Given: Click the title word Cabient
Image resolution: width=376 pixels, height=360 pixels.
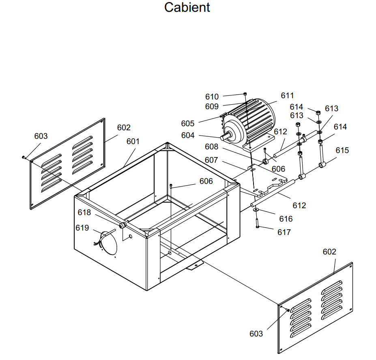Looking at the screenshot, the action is pyautogui.click(x=187, y=7).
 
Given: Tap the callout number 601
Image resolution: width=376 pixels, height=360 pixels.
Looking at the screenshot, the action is pyautogui.click(x=133, y=141).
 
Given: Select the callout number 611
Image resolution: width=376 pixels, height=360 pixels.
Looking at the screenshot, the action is pyautogui.click(x=287, y=95).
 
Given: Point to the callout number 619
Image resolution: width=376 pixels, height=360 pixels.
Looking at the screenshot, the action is pyautogui.click(x=82, y=228).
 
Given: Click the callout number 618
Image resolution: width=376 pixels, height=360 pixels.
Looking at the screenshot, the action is pyautogui.click(x=84, y=212).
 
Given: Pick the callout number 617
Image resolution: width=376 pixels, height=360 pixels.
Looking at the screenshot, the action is pyautogui.click(x=284, y=232).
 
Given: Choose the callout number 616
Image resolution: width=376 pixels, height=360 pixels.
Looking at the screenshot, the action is pyautogui.click(x=286, y=219).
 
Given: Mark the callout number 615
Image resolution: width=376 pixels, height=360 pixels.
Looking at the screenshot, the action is pyautogui.click(x=342, y=150).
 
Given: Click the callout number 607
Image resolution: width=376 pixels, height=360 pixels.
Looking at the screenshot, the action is pyautogui.click(x=211, y=160).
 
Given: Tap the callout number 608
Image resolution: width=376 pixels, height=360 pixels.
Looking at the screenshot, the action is pyautogui.click(x=211, y=147).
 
